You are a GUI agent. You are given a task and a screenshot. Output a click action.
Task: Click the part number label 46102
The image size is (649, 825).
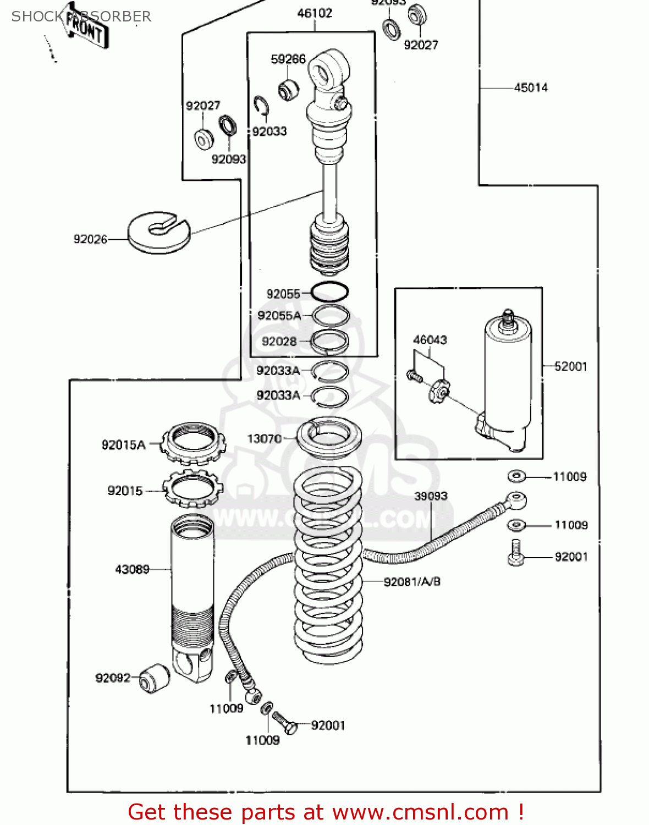[315, 13]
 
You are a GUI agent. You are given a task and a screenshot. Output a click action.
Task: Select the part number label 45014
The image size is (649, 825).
[531, 87]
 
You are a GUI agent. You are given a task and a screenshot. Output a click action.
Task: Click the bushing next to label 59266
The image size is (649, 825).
[288, 89]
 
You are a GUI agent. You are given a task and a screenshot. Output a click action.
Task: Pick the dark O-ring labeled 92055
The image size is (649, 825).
[329, 291]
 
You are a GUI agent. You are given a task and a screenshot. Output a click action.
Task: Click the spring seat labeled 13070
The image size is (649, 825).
[329, 437]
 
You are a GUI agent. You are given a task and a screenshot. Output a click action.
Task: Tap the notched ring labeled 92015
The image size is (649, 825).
[193, 488]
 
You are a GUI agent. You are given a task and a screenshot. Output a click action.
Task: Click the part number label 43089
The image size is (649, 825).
[132, 569]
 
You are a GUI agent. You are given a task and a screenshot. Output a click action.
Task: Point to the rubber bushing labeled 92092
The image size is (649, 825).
[153, 678]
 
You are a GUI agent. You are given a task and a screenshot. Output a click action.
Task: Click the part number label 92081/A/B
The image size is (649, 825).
[412, 581]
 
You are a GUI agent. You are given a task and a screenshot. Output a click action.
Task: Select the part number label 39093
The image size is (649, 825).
[431, 496]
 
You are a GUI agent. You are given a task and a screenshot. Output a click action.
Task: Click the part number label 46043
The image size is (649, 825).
[430, 340]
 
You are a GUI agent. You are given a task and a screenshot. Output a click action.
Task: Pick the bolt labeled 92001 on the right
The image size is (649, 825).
[516, 553]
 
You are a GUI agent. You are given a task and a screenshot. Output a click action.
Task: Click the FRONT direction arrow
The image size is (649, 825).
[85, 28]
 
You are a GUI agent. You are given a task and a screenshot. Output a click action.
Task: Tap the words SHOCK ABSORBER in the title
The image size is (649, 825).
[81, 16]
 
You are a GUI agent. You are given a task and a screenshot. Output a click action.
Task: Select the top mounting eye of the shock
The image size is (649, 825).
[329, 69]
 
